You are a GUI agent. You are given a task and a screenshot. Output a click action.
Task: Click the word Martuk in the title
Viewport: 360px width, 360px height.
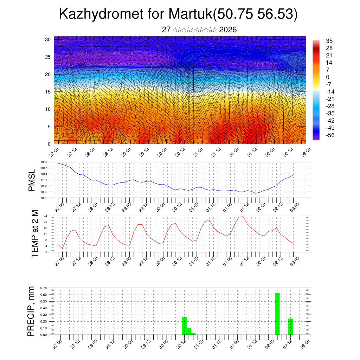(190, 14)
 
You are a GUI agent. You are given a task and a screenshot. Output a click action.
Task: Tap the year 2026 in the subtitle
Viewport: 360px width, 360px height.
(228, 30)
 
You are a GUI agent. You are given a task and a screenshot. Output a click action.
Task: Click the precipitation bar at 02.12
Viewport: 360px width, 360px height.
(290, 327)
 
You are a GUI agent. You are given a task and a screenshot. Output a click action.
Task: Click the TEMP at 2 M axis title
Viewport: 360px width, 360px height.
(34, 234)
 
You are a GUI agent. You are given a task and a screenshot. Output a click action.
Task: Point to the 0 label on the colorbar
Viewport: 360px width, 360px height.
(328, 77)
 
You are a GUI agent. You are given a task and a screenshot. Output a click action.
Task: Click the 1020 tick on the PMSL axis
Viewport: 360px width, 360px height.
(44, 162)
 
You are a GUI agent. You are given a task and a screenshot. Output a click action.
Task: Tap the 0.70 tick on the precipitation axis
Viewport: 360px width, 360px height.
(44, 288)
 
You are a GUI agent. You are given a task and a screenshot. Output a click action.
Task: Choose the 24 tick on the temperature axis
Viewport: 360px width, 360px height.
(45, 216)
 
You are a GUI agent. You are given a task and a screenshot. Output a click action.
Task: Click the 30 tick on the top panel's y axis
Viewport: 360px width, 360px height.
(48, 39)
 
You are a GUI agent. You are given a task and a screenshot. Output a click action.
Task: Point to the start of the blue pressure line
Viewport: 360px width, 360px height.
(58, 163)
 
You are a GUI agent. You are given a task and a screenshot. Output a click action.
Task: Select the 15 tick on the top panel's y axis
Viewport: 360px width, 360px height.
(48, 92)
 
